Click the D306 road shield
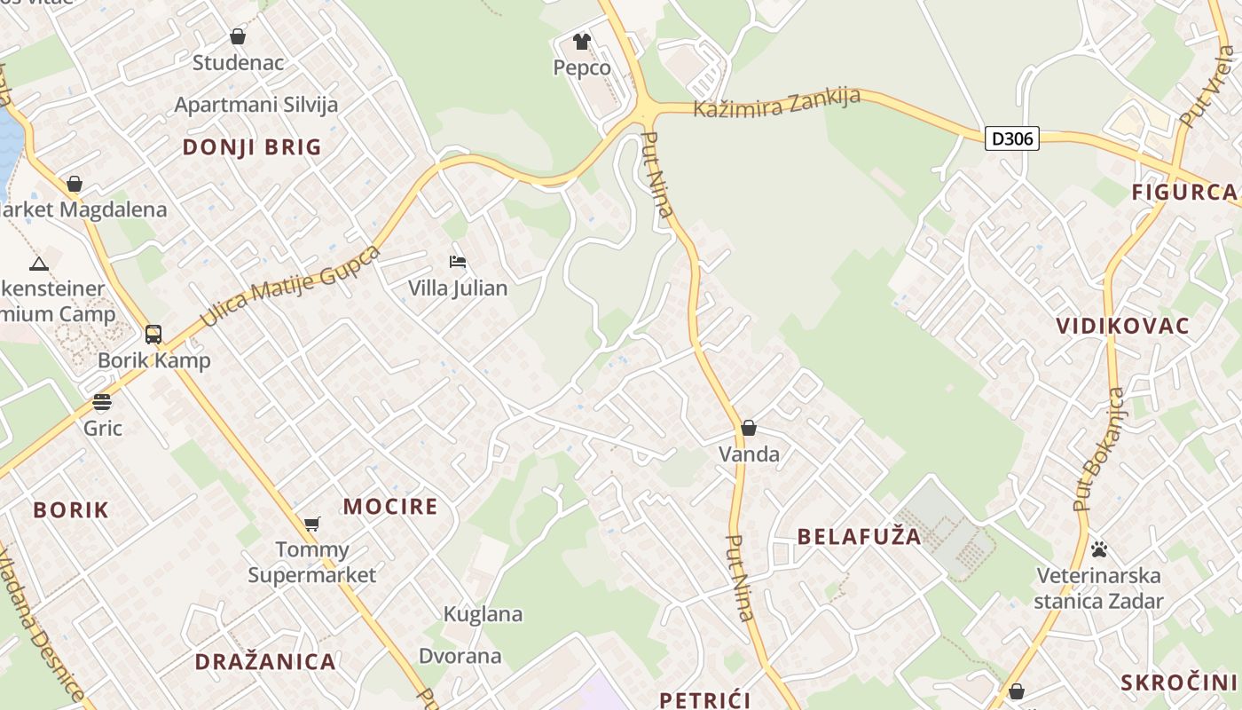coord(1011,138)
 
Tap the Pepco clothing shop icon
coord(581,41)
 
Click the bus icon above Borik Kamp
coord(153,335)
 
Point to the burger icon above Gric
coord(102,402)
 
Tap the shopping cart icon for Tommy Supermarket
coord(311,524)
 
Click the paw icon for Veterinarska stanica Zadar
coord(1099,549)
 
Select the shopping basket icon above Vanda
coord(749,428)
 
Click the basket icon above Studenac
coord(238,36)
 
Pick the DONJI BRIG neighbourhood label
coord(252,147)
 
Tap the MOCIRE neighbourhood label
coord(390,507)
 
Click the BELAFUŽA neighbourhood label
coord(859,537)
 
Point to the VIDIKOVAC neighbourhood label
coord(1122,326)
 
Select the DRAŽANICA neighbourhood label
coord(265,661)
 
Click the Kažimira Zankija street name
coord(776,102)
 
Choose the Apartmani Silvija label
coord(256,105)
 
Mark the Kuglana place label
coord(483,614)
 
